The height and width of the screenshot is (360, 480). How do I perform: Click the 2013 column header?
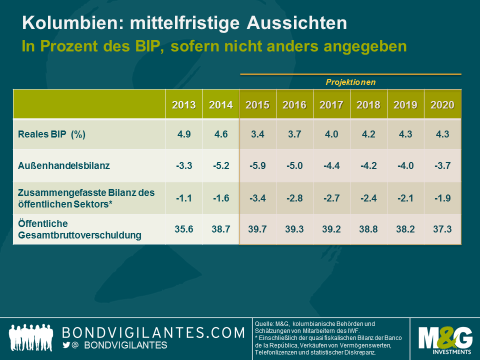click(184, 105)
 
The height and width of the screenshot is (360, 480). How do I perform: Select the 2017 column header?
click(331, 105)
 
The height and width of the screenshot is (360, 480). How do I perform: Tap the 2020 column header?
click(442, 105)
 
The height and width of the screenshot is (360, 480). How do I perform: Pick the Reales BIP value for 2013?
click(184, 134)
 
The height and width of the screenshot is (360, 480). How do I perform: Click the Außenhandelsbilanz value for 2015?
click(257, 165)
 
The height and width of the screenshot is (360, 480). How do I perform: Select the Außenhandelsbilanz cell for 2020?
click(442, 165)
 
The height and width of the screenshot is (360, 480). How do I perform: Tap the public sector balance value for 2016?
click(294, 197)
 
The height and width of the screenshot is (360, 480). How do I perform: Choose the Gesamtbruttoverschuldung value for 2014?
click(220, 229)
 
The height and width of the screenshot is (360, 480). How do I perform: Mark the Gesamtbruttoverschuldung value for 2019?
click(405, 229)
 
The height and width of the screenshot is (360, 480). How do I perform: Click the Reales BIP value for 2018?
click(368, 134)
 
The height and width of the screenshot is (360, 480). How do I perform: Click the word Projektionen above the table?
click(350, 81)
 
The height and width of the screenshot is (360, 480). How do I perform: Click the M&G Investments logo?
click(444, 339)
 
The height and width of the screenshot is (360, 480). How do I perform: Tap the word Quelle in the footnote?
click(264, 323)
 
